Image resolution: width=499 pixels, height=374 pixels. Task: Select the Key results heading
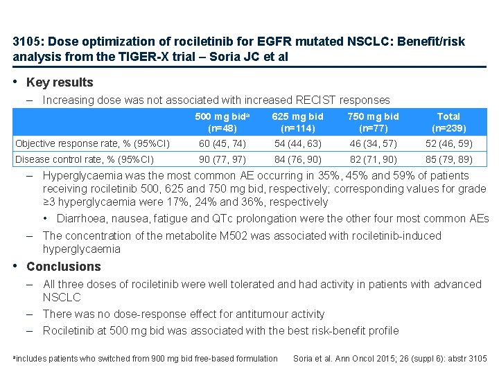tap(60, 82)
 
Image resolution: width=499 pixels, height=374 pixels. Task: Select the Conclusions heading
tap(63, 267)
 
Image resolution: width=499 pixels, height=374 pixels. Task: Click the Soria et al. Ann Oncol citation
tap(390, 359)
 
